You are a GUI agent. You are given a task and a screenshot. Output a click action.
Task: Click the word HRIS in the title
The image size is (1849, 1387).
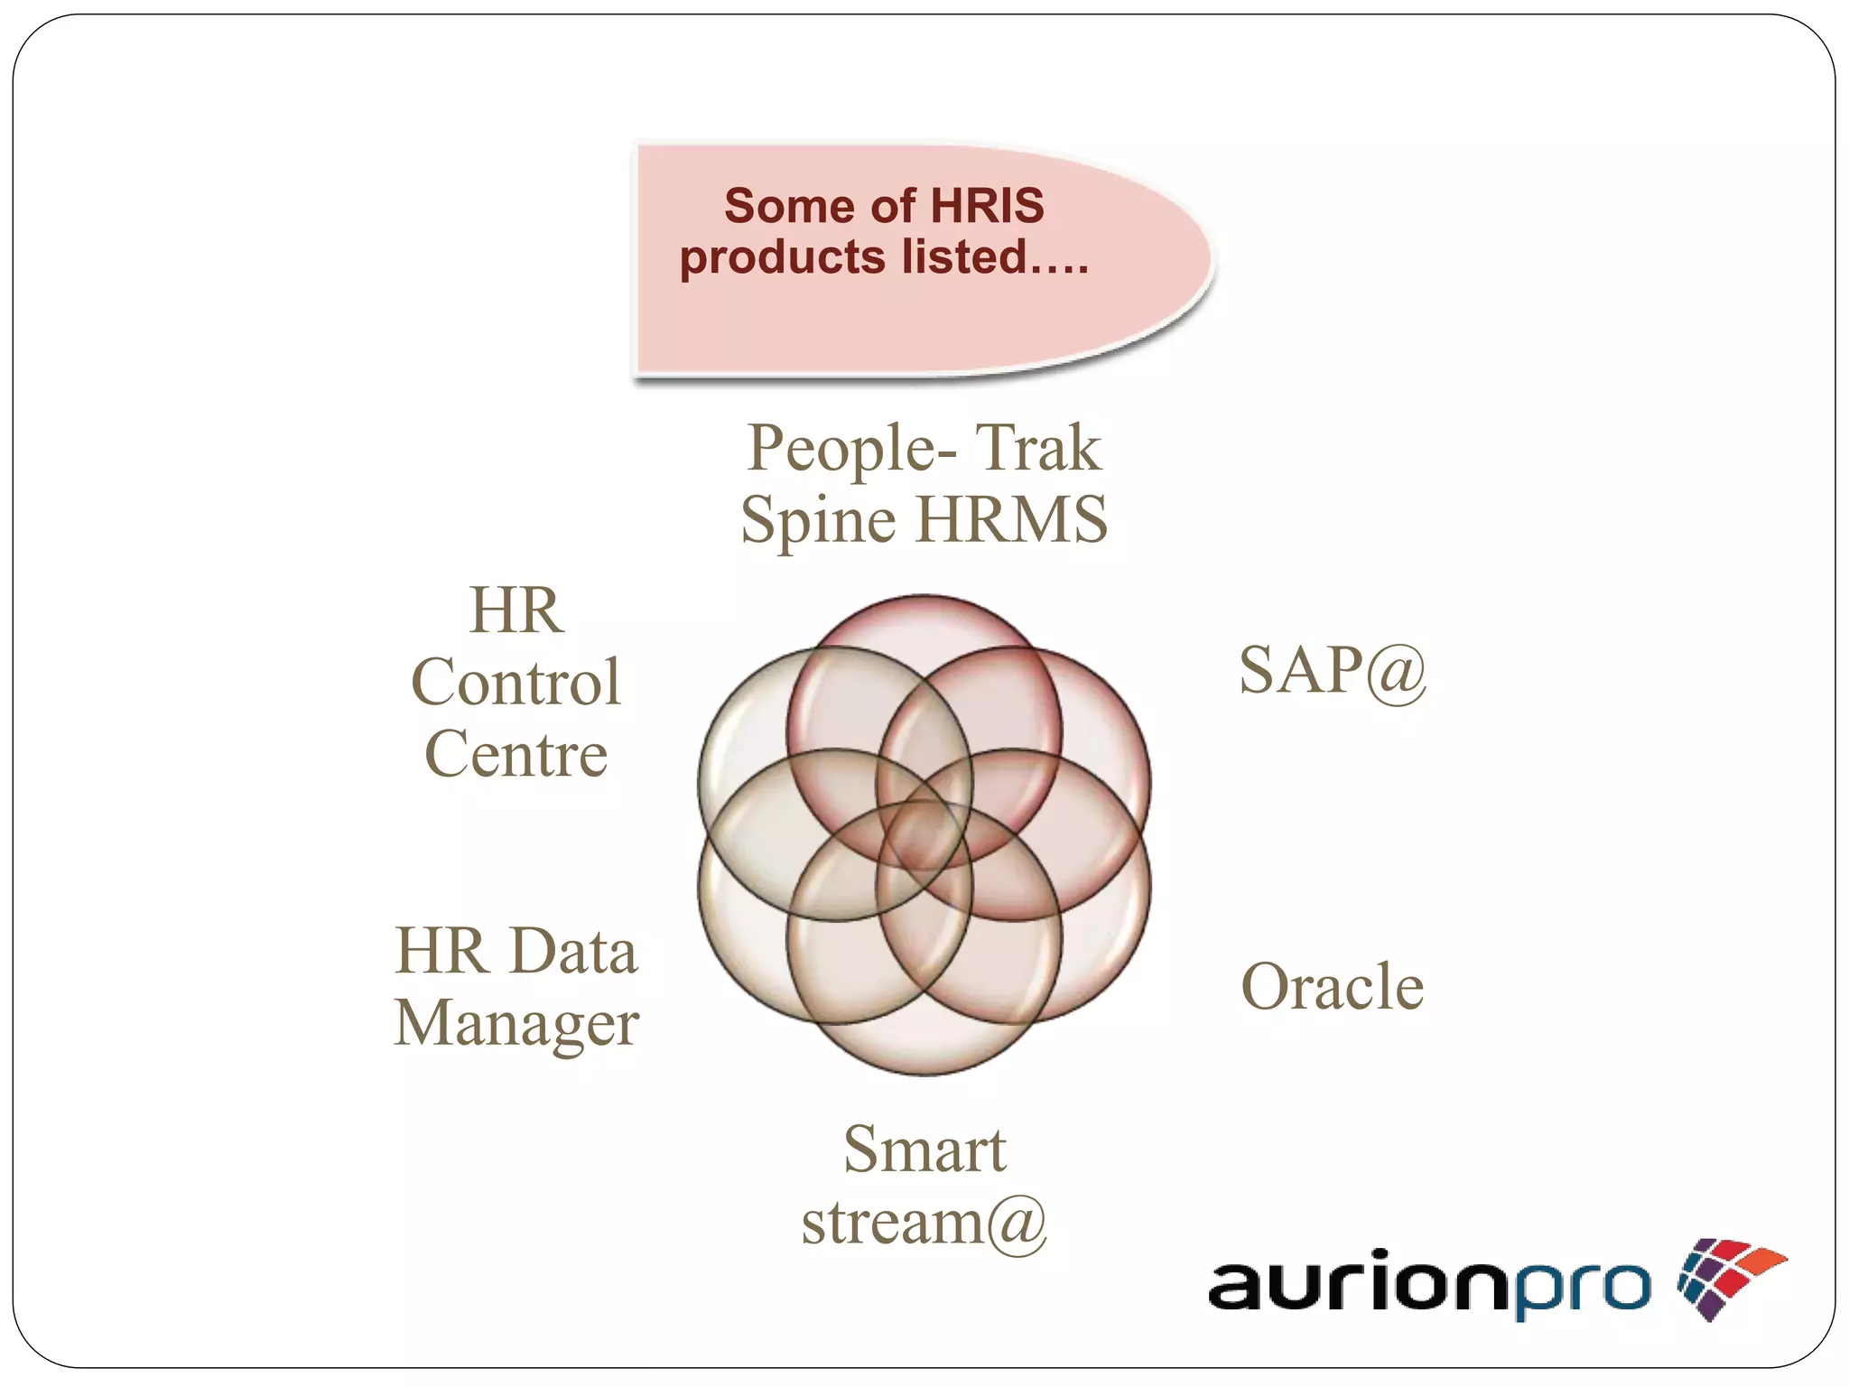(x=987, y=206)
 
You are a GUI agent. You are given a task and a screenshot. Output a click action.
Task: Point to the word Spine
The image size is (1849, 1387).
(x=819, y=521)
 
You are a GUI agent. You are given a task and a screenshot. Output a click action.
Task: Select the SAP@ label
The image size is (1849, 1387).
(x=1332, y=671)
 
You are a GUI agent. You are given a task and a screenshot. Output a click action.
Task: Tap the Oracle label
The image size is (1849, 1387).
(x=1332, y=986)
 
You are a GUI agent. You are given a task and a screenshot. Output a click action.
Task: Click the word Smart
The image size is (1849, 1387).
(x=924, y=1150)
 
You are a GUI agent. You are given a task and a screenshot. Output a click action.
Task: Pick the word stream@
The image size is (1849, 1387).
(x=924, y=1222)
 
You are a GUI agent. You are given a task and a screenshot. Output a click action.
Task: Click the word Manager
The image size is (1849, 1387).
(x=516, y=1024)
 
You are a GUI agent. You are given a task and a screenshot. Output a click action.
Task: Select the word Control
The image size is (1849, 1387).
(x=516, y=682)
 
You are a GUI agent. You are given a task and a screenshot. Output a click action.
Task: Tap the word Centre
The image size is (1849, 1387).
(x=516, y=754)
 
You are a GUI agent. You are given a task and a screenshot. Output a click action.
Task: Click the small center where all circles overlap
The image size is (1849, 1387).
(x=923, y=835)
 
